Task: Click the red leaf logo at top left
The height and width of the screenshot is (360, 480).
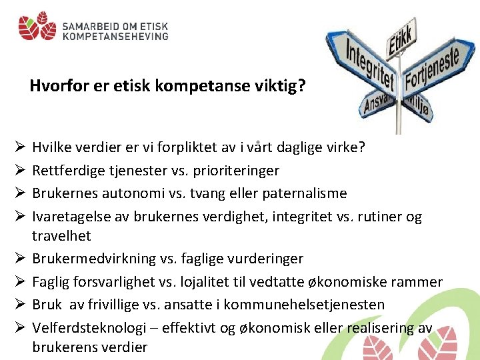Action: coord(37,27)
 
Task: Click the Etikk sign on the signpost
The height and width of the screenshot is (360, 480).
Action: coord(402,32)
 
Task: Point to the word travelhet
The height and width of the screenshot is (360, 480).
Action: coord(61,235)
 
